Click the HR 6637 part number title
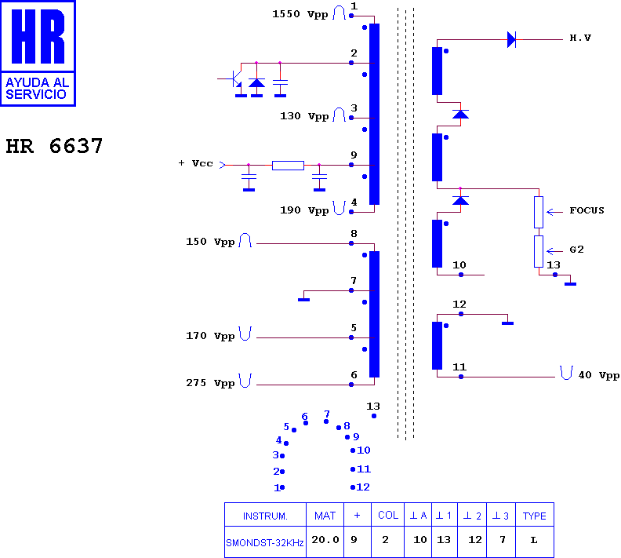click(54, 146)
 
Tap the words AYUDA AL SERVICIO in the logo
click(37, 89)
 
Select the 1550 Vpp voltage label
click(300, 14)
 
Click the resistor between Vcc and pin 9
click(288, 166)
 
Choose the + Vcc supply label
click(196, 163)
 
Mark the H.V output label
click(580, 38)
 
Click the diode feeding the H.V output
click(512, 39)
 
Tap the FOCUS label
click(586, 210)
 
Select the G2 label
click(576, 250)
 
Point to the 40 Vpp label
click(598, 375)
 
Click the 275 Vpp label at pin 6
click(210, 383)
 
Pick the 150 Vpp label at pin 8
click(210, 242)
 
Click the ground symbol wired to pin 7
click(303, 300)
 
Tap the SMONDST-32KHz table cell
click(264, 542)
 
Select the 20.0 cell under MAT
click(325, 540)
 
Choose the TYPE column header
click(534, 516)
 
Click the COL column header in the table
click(387, 515)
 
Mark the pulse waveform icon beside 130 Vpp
click(339, 115)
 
